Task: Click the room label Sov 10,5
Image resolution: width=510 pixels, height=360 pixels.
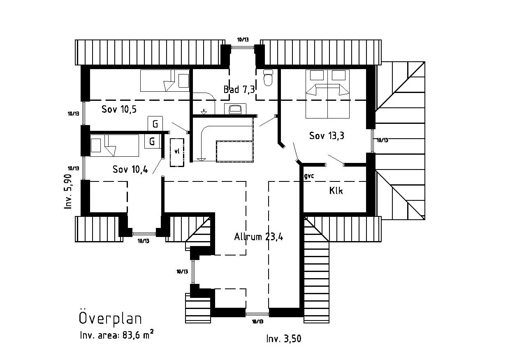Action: [119, 109]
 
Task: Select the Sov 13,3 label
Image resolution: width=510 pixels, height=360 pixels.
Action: [327, 136]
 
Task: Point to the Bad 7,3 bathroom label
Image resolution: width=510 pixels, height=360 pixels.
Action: [239, 89]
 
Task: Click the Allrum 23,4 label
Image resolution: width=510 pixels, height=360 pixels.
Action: [258, 237]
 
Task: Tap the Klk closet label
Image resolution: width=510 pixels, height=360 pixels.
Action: [336, 191]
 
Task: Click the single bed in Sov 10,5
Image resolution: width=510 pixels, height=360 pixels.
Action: [165, 81]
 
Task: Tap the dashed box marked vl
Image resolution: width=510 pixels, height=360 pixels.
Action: [177, 152]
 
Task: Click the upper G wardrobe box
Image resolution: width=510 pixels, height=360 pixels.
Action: [155, 123]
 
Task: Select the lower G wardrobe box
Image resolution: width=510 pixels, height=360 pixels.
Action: [152, 142]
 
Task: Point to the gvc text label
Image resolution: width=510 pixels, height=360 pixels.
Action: [309, 176]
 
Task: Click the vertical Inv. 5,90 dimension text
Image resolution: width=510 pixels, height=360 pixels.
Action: [69, 191]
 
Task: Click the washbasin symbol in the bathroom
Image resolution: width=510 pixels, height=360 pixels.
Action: [235, 109]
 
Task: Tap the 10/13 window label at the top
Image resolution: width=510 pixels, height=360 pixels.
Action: [243, 39]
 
